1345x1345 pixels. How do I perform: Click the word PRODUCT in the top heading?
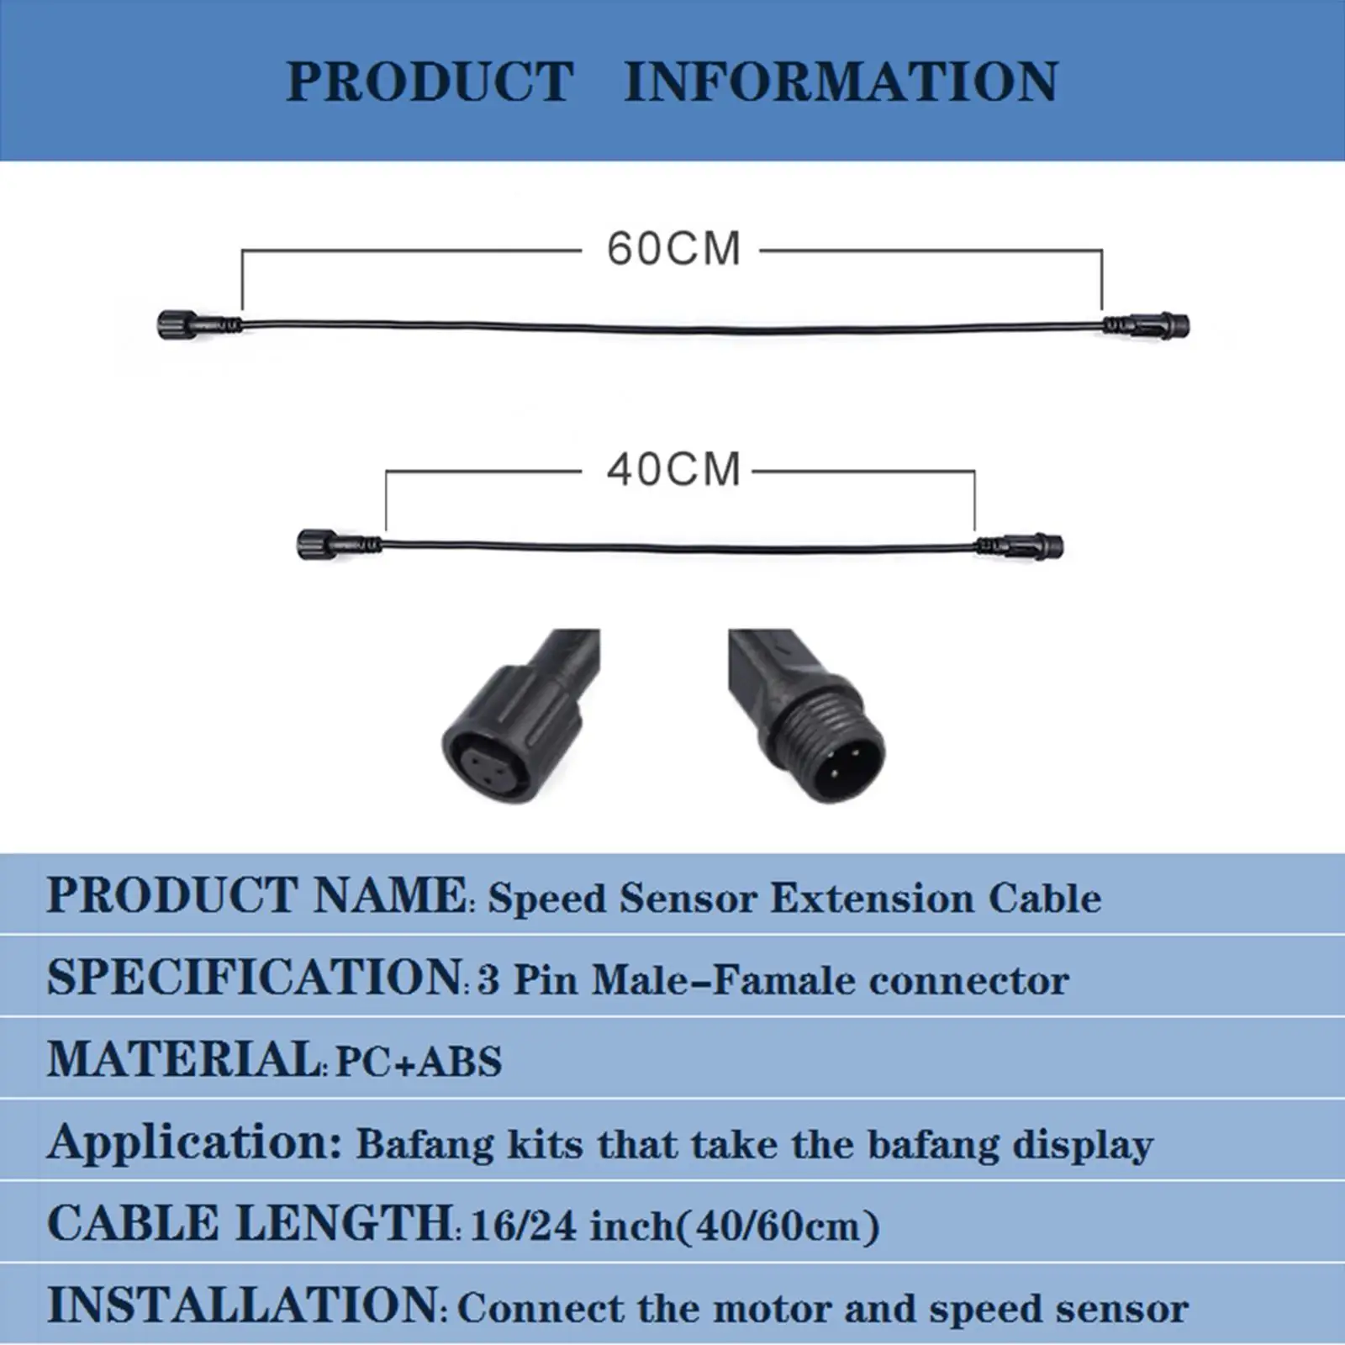[430, 82]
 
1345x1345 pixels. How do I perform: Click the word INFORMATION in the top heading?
[841, 82]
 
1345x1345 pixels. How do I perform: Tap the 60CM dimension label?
[674, 249]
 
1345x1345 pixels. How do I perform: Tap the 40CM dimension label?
[674, 469]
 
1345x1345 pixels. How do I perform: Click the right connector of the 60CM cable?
[1146, 324]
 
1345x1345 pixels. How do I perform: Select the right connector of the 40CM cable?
[1019, 545]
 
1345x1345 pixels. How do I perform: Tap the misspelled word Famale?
[785, 980]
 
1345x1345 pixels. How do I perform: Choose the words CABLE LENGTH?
[250, 1223]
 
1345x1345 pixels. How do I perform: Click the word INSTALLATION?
[243, 1305]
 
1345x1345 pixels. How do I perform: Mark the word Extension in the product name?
[872, 898]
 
